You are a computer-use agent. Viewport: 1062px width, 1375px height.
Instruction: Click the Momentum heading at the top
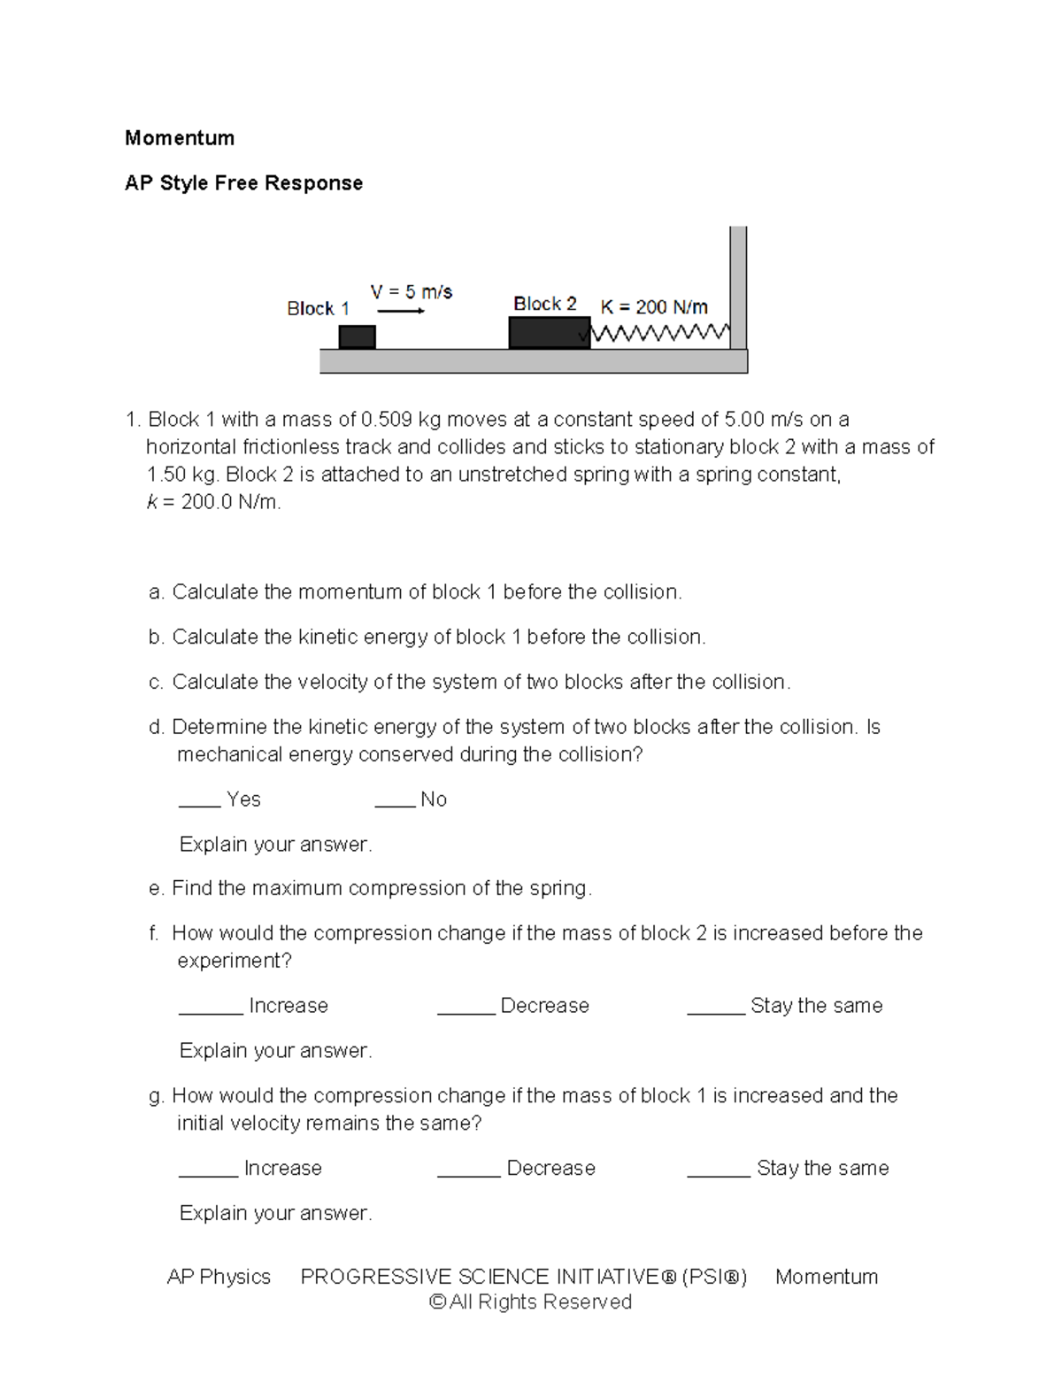pos(180,138)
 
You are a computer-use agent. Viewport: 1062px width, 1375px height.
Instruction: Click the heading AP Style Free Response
pos(243,183)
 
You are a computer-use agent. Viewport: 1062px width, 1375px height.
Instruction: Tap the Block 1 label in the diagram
pos(318,309)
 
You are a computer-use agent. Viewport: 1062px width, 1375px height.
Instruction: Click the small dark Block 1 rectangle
pos(358,337)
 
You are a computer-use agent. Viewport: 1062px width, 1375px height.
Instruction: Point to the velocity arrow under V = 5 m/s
pos(401,311)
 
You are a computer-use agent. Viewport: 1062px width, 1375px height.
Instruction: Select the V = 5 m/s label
pos(411,292)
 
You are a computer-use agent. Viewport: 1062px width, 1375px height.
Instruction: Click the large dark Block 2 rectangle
pos(549,333)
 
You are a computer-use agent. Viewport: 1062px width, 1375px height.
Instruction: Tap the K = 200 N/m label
pos(654,307)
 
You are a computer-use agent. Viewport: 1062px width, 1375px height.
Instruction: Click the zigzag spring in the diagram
pos(659,334)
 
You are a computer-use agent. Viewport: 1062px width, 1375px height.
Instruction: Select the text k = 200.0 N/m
pos(213,503)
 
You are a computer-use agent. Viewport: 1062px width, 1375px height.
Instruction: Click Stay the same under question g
pos(822,1169)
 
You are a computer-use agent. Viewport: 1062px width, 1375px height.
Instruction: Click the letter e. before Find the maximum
pos(157,889)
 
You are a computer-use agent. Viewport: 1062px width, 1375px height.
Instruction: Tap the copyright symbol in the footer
pos(437,1302)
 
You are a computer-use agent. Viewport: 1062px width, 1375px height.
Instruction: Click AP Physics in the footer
pos(219,1277)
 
